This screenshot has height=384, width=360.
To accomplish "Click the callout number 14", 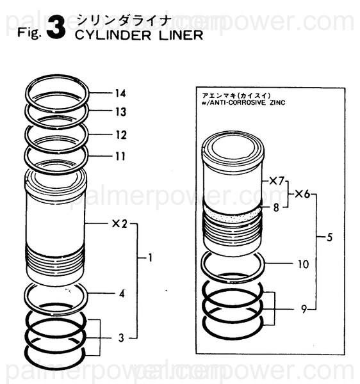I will point(120,93).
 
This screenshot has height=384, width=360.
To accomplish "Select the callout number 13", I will point(120,112).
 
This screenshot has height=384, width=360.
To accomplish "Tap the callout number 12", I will point(120,135).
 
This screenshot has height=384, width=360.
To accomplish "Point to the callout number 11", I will point(120,156).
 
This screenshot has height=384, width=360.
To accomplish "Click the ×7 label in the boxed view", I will point(276,182).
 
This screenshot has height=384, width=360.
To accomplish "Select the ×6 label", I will point(302,194).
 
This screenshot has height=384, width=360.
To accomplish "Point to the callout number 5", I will point(329,237).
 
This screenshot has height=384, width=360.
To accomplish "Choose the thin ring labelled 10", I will point(232,262).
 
